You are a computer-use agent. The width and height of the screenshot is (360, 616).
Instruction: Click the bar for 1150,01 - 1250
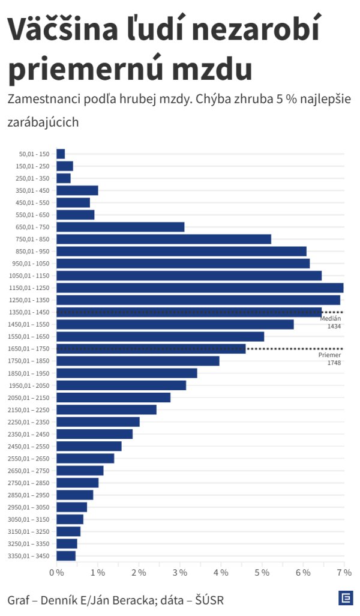point(200,288)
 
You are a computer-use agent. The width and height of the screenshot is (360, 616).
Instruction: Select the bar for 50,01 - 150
point(61,154)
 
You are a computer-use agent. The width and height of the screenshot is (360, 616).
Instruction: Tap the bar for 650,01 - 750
point(121,227)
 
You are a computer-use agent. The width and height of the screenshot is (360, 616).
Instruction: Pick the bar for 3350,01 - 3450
point(66,555)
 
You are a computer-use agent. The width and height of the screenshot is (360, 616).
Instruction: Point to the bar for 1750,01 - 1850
point(138,361)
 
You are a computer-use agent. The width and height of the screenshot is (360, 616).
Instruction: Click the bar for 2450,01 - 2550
point(89,446)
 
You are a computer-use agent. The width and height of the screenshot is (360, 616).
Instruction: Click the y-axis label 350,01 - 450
point(33,190)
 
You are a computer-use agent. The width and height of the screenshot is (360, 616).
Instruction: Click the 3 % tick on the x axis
point(179,573)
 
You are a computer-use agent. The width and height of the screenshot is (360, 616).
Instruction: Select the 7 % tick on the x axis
point(344,573)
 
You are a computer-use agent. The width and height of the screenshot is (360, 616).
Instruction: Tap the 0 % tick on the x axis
point(56,573)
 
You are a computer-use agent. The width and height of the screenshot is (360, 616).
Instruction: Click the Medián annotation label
point(331,318)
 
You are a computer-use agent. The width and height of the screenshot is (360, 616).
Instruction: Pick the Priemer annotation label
point(329,355)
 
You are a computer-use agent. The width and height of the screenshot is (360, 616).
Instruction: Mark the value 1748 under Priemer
point(334,363)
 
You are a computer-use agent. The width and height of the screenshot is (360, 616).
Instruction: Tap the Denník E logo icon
point(345,598)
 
